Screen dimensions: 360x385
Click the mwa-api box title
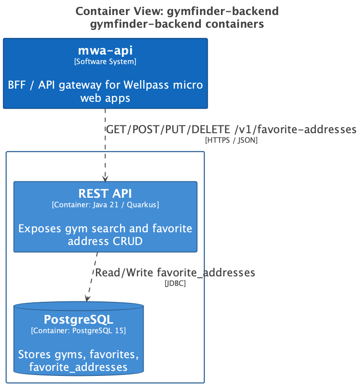click(105, 50)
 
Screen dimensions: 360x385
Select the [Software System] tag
click(105, 61)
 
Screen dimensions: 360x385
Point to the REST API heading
click(105, 194)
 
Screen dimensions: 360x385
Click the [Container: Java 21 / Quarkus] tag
click(105, 205)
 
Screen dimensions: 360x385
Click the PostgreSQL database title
click(78, 320)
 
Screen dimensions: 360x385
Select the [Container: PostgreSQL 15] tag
click(78, 330)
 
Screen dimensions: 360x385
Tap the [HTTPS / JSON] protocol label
click(231, 140)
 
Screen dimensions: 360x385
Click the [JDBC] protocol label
click(175, 283)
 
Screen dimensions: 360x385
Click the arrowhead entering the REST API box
click(105, 179)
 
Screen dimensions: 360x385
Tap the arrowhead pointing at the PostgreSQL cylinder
click(87, 299)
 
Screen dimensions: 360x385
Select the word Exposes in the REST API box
click(40, 229)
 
